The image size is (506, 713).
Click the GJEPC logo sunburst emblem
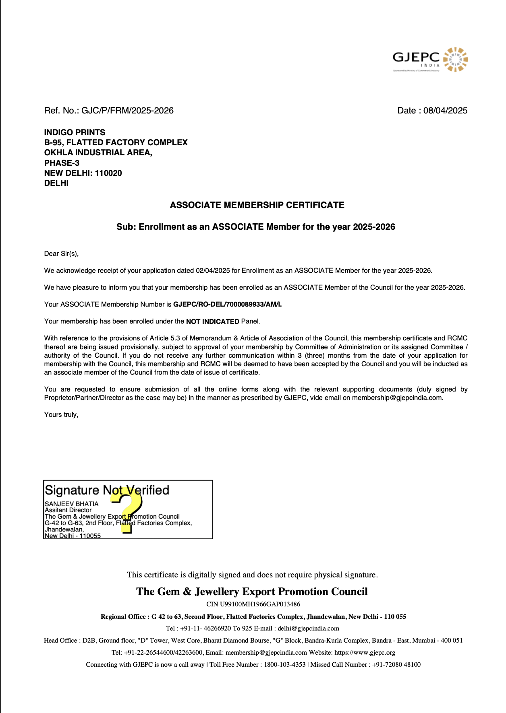tap(455, 60)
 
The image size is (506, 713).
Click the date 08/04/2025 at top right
tap(445, 111)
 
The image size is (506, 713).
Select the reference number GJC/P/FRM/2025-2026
tap(127, 111)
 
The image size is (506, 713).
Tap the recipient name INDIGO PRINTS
tap(75, 132)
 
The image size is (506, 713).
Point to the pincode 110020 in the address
tap(108, 173)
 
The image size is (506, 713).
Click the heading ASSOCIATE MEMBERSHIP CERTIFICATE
tap(257, 205)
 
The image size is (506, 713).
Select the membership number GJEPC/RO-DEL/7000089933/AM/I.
tap(227, 305)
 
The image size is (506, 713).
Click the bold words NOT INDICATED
tap(212, 321)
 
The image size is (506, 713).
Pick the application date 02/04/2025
tap(213, 271)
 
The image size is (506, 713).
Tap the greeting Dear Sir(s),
tap(61, 254)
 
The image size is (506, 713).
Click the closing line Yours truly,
tap(61, 415)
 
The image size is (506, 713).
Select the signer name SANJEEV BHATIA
tap(71, 504)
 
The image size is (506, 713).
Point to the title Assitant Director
tap(68, 510)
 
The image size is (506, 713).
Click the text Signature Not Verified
tap(107, 490)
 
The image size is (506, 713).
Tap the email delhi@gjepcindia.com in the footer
tap(308, 629)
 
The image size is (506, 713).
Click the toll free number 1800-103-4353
tap(284, 665)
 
